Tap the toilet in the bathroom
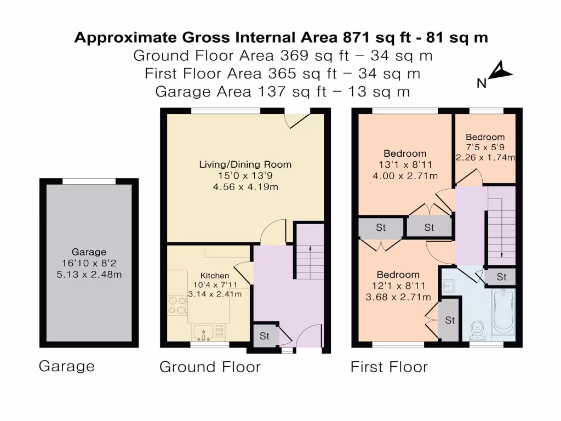click(477, 331)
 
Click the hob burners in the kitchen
click(178, 305)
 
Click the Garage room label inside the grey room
click(89, 252)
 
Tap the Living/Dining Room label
click(245, 164)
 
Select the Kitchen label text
click(215, 276)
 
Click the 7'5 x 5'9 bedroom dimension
click(485, 147)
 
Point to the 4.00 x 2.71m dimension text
click(405, 176)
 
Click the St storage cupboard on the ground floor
click(265, 336)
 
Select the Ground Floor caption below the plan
click(210, 367)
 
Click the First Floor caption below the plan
click(390, 367)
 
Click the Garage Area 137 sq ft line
click(282, 92)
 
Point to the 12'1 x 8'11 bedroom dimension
click(398, 286)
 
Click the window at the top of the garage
click(89, 181)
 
